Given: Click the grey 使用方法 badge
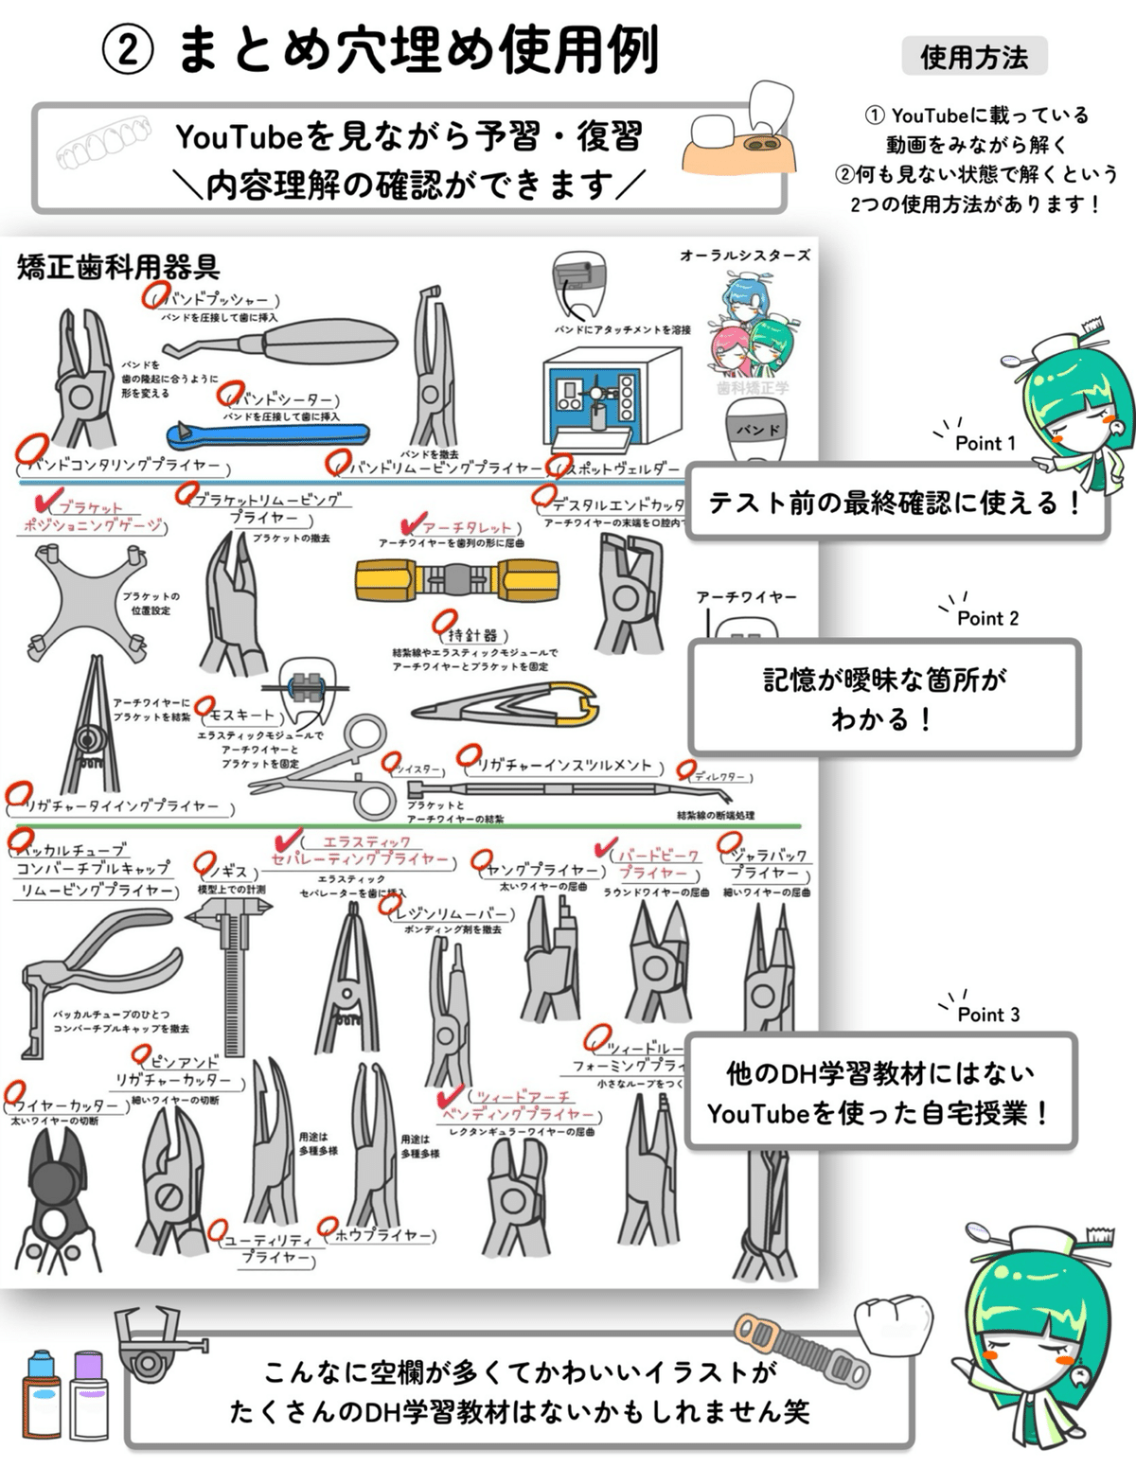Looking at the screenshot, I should pos(974,57).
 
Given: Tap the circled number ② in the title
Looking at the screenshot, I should pos(127,52).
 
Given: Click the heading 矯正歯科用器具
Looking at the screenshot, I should pos(118,267).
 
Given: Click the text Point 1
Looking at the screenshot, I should pos(985,443).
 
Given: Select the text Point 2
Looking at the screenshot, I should pos(987,618).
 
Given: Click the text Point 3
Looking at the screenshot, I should pos(988,1015).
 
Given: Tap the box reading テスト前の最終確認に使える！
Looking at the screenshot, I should pos(895,503).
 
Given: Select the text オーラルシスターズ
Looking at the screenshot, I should pos(745,256).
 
